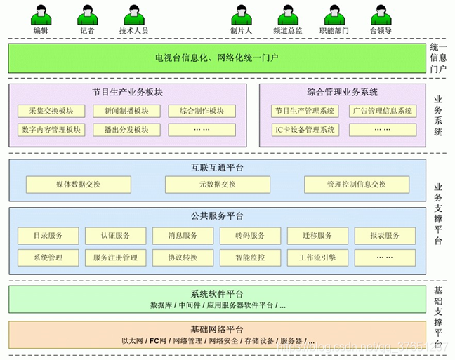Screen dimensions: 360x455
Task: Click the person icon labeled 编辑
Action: point(41,15)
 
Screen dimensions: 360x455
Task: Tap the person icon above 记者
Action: point(87,15)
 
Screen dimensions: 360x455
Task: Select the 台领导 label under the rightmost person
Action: point(381,31)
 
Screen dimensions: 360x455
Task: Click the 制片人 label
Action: point(241,31)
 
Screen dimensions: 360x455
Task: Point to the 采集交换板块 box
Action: point(52,111)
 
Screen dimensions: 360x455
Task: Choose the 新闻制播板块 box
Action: point(126,111)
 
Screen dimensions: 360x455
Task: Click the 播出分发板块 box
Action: point(126,130)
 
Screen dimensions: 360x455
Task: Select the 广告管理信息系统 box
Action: point(383,111)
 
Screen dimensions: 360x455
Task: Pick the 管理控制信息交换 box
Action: point(356,185)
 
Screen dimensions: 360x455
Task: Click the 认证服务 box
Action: point(116,236)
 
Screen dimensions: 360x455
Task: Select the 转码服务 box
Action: point(250,236)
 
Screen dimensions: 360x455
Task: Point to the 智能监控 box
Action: point(250,258)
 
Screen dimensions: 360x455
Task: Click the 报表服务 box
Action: point(385,236)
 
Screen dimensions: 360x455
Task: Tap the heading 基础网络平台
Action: point(217,329)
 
